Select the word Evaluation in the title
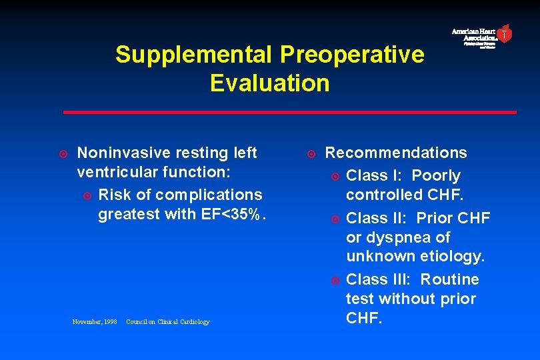269,83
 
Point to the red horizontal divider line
289,112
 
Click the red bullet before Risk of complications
87,195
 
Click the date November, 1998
94,322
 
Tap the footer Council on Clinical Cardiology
167,322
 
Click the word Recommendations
396,153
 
